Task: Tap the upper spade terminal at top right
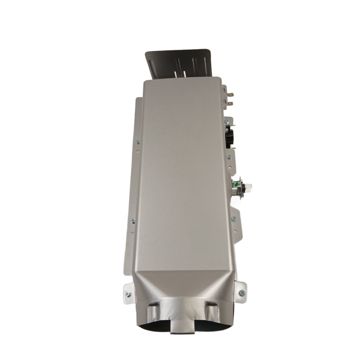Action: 230,94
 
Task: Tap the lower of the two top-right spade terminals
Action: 230,103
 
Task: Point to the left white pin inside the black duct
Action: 175,74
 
